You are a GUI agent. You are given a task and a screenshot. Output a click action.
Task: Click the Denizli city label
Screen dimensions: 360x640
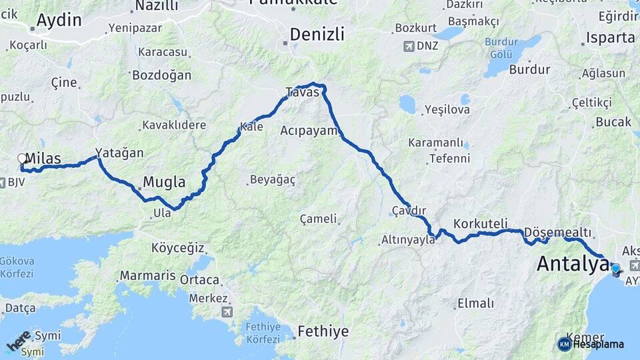tap(317, 34)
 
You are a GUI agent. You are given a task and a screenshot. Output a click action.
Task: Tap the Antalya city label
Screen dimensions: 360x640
tap(572, 264)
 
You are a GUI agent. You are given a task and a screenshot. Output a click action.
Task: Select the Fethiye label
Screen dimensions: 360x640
tap(323, 331)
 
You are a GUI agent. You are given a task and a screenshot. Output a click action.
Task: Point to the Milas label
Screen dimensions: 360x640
tap(43, 159)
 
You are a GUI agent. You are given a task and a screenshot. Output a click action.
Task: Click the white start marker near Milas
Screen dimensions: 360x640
tap(22, 159)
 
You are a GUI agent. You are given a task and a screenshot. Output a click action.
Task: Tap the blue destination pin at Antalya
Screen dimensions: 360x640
tap(615, 269)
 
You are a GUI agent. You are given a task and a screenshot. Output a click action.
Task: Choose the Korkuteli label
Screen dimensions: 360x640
tap(481, 223)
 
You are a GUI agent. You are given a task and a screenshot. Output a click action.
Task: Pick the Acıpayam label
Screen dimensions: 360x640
tap(310, 130)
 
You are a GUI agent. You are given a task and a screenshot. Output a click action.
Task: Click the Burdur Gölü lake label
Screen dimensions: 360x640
tap(501, 47)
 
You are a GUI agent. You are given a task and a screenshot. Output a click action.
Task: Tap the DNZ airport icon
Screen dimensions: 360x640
tap(409, 47)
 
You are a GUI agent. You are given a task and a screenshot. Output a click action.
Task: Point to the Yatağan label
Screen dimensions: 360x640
tap(119, 153)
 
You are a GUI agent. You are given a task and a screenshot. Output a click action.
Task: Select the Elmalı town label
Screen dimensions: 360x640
tap(475, 304)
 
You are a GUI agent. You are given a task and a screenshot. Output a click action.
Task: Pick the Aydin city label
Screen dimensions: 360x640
tap(59, 21)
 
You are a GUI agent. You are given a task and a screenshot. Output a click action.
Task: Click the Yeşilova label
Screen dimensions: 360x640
tap(447, 109)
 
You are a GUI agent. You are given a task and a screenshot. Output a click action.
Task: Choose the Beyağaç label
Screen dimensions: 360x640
tap(272, 179)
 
